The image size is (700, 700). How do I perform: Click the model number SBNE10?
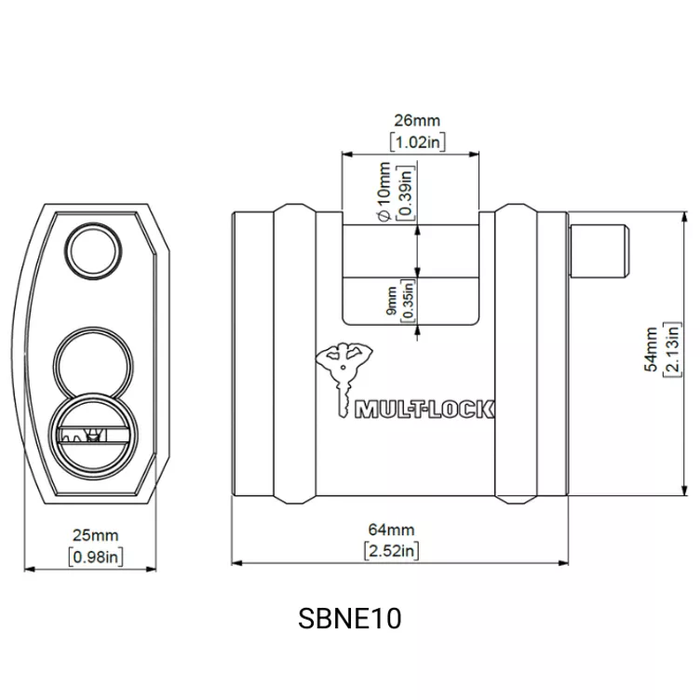click(x=350, y=618)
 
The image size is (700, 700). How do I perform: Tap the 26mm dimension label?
click(x=417, y=120)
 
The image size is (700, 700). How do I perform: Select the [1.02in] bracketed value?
click(x=417, y=142)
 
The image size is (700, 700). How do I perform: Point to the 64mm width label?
click(x=392, y=530)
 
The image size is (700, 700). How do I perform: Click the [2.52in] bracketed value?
click(x=392, y=551)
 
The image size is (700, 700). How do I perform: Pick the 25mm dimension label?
click(x=96, y=535)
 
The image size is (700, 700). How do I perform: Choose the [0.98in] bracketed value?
click(x=96, y=557)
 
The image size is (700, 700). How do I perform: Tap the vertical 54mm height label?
click(x=652, y=349)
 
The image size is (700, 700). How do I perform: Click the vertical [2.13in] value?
click(x=672, y=349)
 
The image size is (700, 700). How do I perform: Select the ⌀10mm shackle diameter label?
click(x=384, y=192)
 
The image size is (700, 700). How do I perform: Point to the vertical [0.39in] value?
click(x=406, y=193)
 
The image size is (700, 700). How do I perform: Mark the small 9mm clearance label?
click(x=391, y=301)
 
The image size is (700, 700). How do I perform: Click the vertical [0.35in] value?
click(x=408, y=301)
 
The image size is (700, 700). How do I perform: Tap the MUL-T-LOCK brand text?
click(x=424, y=410)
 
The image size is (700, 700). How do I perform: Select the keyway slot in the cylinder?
click(x=93, y=435)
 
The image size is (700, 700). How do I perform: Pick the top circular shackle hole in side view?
click(x=93, y=251)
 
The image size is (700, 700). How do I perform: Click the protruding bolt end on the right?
click(x=599, y=250)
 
